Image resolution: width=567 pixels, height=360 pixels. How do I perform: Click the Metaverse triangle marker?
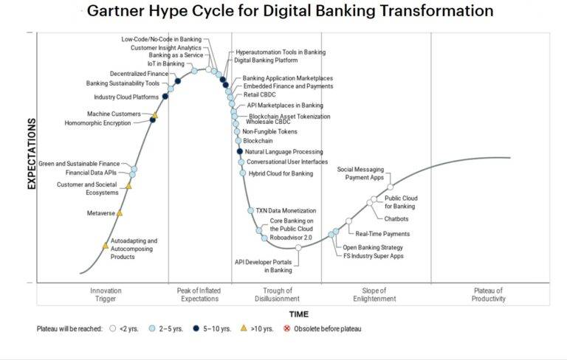point(120,213)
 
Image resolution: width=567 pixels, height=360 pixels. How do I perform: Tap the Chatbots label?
point(396,218)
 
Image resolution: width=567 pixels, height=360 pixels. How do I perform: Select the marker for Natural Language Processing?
point(240,151)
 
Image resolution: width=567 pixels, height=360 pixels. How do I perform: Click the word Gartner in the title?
point(115,11)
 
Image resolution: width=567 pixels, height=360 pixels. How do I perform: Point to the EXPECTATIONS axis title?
point(32,153)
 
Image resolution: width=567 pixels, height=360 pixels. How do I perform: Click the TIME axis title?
point(299,314)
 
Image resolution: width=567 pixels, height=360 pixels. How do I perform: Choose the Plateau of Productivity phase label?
point(488,294)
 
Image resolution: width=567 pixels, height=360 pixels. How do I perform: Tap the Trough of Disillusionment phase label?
point(277,294)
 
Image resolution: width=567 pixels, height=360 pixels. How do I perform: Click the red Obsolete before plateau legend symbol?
point(286,328)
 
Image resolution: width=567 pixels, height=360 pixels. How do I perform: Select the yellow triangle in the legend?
point(244,328)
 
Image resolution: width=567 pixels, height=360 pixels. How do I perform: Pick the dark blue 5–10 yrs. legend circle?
point(196,328)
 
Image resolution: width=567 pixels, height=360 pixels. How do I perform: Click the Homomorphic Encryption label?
point(97,123)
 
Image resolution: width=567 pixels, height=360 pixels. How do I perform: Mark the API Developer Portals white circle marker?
point(298,248)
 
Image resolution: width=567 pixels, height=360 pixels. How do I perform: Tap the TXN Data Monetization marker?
point(250,210)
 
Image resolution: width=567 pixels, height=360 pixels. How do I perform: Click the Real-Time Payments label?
point(382,234)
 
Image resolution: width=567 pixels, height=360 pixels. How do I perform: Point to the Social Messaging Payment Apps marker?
point(390,187)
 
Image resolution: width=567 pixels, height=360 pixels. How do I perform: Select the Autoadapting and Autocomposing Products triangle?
point(106,246)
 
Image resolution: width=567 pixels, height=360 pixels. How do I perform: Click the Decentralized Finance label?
point(140,74)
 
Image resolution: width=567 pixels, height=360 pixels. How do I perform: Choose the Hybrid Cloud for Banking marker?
point(243,173)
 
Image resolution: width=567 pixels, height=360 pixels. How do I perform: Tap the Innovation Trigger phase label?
point(106,294)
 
